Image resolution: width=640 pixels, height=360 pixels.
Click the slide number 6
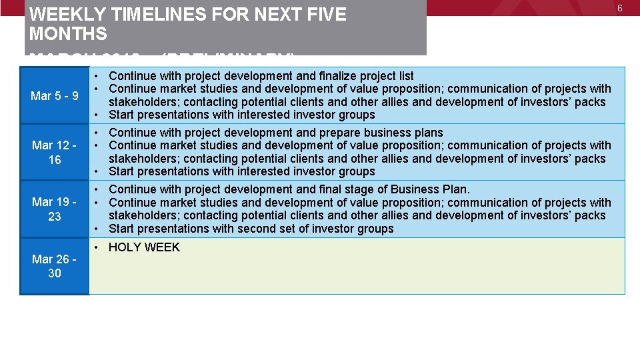click(x=619, y=8)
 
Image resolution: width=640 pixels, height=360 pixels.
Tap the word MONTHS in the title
click(x=68, y=33)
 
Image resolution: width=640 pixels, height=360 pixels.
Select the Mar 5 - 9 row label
click(x=55, y=96)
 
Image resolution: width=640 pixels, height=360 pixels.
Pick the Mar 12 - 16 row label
click(x=55, y=153)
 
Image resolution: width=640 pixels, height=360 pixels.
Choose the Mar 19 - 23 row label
click(x=55, y=209)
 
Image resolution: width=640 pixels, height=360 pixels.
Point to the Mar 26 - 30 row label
click(x=55, y=266)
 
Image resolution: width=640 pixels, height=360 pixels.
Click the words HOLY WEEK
click(x=144, y=247)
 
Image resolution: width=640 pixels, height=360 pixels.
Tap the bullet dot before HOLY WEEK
click(x=97, y=247)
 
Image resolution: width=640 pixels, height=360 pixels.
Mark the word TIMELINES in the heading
click(x=145, y=15)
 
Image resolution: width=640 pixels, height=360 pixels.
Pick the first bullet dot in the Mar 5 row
click(x=97, y=76)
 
